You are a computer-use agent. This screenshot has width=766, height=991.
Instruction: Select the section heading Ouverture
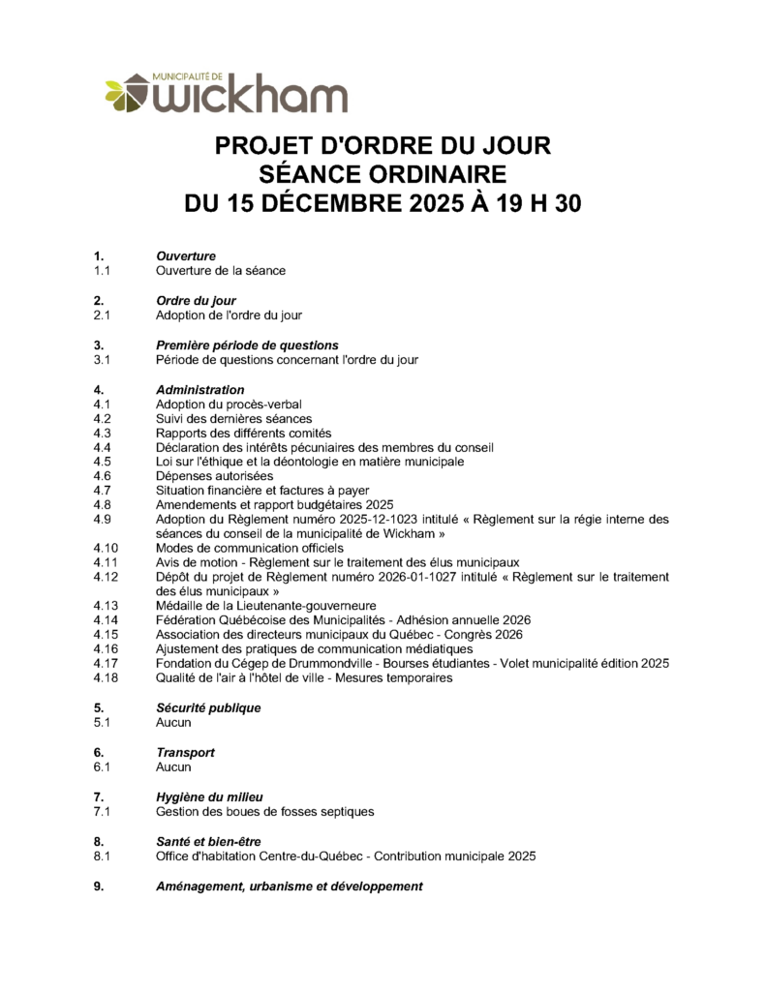tap(186, 255)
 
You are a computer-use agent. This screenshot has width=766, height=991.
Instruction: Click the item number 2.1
tap(103, 315)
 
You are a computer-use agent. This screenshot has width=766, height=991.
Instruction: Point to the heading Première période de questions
tap(247, 345)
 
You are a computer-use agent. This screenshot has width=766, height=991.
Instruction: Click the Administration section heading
tap(200, 389)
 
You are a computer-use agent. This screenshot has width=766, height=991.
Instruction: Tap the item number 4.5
tap(103, 462)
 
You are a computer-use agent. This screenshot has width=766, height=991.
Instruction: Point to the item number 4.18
tap(106, 677)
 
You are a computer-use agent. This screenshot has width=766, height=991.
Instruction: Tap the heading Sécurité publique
tap(208, 707)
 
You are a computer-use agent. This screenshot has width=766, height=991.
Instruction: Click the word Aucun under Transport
tap(174, 767)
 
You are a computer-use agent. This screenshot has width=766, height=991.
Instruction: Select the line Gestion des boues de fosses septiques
tap(264, 811)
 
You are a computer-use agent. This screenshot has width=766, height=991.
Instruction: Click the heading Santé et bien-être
tap(208, 841)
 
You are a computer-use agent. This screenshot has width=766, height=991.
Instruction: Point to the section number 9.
tap(99, 886)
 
